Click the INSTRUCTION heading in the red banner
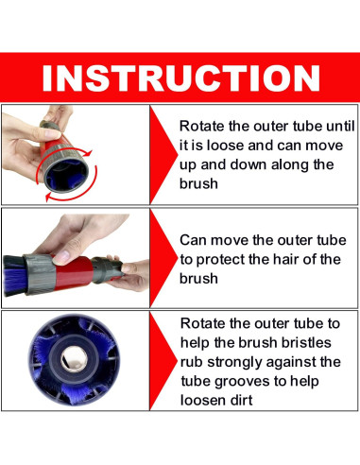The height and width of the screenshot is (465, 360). point(181,77)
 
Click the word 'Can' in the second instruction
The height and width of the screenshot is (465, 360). point(193,240)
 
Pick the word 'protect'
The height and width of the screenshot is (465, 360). point(220,260)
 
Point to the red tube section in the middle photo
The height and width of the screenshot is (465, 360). point(73,270)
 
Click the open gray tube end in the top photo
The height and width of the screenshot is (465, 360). point(67,173)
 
